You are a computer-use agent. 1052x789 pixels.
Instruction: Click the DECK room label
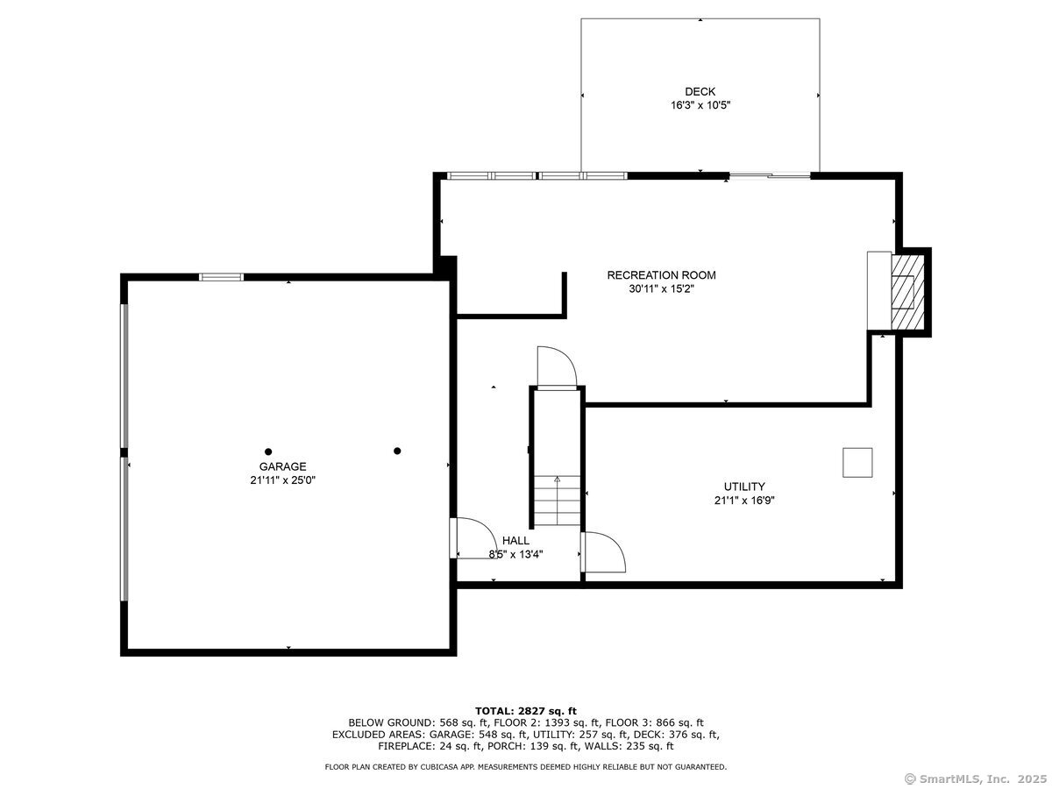click(x=700, y=91)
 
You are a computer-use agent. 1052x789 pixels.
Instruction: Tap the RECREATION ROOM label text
click(x=661, y=275)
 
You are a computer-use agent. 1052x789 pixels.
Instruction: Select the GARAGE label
click(x=282, y=466)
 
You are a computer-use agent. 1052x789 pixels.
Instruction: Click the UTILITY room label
click(x=744, y=487)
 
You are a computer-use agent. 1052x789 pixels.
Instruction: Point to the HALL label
click(x=515, y=540)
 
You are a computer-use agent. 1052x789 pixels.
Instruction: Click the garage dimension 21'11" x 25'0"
click(x=283, y=480)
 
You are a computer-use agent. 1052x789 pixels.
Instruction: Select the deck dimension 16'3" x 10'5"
click(x=700, y=105)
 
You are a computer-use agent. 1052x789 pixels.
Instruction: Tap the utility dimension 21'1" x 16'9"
click(x=744, y=500)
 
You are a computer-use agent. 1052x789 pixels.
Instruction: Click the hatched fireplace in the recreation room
click(x=907, y=292)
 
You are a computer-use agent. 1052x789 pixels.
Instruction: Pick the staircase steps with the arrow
click(x=557, y=500)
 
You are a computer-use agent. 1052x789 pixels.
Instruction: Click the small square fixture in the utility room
click(x=857, y=462)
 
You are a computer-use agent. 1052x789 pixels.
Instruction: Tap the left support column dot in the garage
click(x=268, y=451)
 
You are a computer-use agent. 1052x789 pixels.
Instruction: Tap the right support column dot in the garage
click(x=397, y=451)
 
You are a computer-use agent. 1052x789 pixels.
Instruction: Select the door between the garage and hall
click(x=474, y=538)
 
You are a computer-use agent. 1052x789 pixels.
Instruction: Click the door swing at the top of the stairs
click(x=557, y=366)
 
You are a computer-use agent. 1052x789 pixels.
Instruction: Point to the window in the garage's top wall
click(x=221, y=277)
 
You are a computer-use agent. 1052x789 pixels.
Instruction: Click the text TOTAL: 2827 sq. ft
click(x=526, y=711)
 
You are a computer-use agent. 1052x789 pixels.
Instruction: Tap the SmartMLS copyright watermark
click(x=976, y=779)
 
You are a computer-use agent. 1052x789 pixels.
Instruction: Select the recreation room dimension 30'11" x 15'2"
click(x=661, y=289)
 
